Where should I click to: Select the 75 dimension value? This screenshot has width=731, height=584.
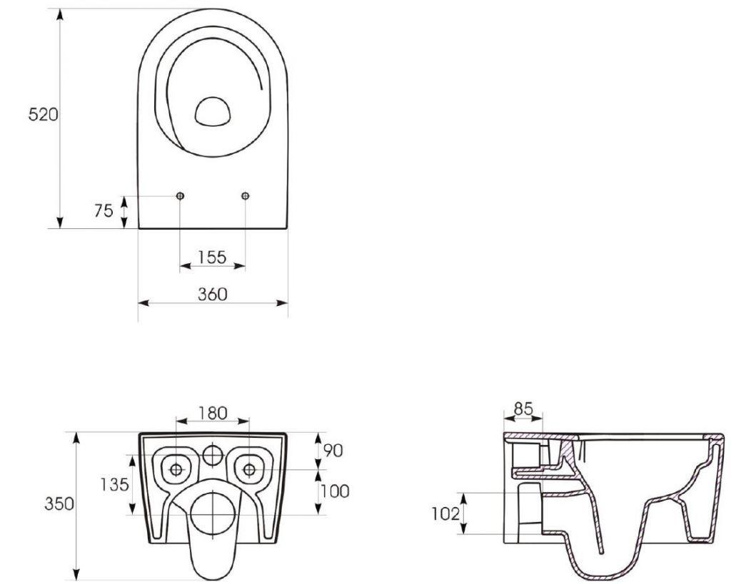[x=104, y=211]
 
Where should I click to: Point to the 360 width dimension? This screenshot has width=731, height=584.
[x=212, y=293]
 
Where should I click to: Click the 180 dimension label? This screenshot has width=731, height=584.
[x=212, y=412]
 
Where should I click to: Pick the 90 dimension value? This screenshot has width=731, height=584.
[x=333, y=450]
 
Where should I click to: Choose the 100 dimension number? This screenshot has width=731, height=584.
[x=334, y=491]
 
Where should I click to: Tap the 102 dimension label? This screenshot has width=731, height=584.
[x=445, y=513]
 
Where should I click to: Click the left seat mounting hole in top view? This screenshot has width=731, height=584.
[x=179, y=196]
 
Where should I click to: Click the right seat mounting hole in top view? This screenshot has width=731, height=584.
[x=246, y=196]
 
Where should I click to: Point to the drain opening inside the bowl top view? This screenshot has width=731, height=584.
[x=213, y=112]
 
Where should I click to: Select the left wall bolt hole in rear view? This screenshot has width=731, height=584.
[x=176, y=468]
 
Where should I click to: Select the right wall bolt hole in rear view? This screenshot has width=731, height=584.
[x=249, y=468]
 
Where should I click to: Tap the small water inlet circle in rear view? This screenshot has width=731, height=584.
[x=213, y=454]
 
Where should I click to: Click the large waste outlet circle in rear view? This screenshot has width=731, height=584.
[x=213, y=511]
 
